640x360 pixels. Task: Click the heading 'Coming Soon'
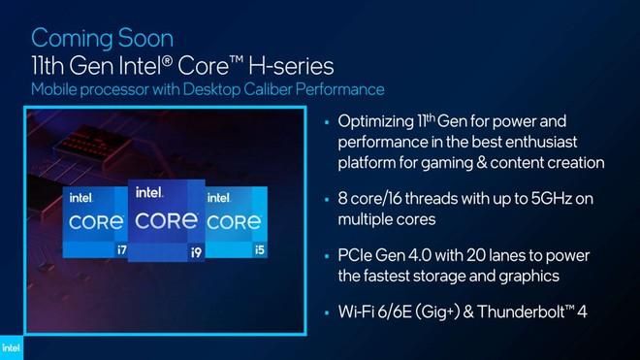(103, 39)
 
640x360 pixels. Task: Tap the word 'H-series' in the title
(291, 66)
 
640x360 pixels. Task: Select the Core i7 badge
(95, 222)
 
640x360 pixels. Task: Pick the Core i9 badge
(167, 220)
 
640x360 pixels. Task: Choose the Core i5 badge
(237, 222)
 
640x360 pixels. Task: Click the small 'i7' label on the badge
(121, 249)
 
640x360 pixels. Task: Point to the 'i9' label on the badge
(196, 253)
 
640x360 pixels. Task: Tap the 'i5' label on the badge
(260, 249)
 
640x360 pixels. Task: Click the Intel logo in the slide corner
(11, 348)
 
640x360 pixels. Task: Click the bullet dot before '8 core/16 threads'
(327, 200)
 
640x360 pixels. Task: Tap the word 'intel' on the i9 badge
(149, 192)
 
